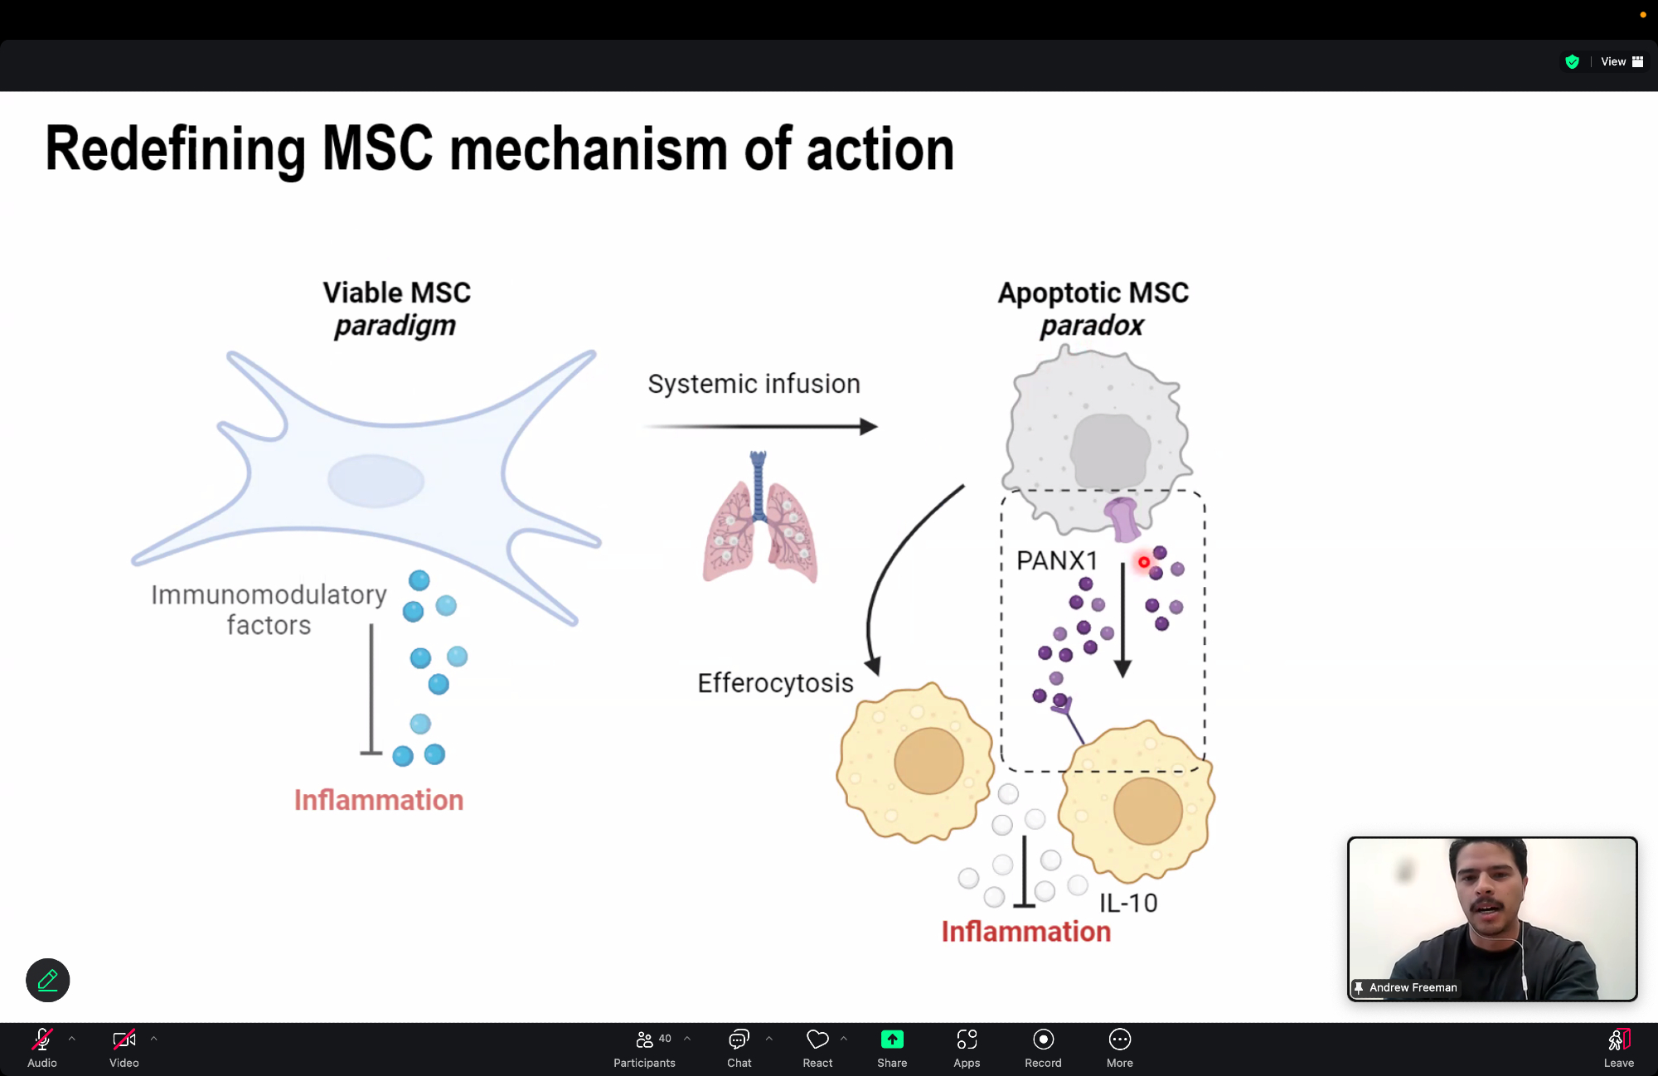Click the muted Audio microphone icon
coord(42,1040)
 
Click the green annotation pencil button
coord(48,981)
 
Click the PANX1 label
coord(1056,561)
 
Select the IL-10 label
coord(1128,903)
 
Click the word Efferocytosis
coord(775,683)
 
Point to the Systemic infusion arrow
coord(760,427)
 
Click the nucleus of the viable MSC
coord(376,481)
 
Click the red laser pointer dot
coord(1144,562)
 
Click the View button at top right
coord(1621,61)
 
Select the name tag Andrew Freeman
coord(1413,987)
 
